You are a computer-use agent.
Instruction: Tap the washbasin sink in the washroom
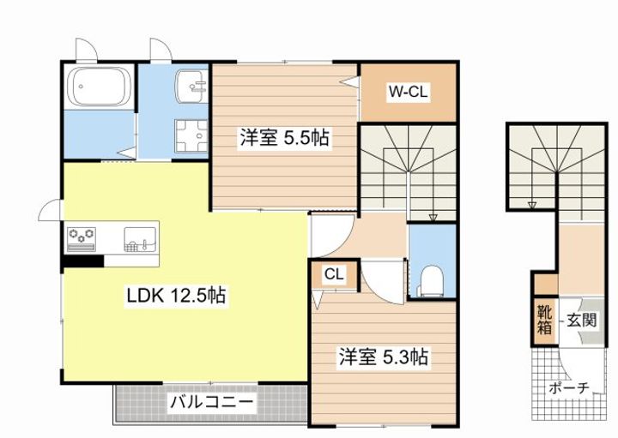[191, 86]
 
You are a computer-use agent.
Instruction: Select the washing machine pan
[191, 135]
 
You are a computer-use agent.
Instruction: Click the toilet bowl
[432, 280]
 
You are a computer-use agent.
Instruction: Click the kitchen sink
[140, 239]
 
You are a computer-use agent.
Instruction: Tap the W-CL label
[408, 92]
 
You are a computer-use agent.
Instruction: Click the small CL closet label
[334, 274]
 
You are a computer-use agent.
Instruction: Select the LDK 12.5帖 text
[176, 295]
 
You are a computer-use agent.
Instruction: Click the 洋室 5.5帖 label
[285, 138]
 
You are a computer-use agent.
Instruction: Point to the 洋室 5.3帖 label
[383, 357]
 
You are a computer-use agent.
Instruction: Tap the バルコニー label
[211, 402]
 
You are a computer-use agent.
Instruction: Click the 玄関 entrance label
[581, 321]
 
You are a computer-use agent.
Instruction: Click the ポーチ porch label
[569, 388]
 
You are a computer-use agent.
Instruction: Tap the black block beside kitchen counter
[83, 261]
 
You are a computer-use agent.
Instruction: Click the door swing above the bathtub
[87, 51]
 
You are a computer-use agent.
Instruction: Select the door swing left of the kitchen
[51, 210]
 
